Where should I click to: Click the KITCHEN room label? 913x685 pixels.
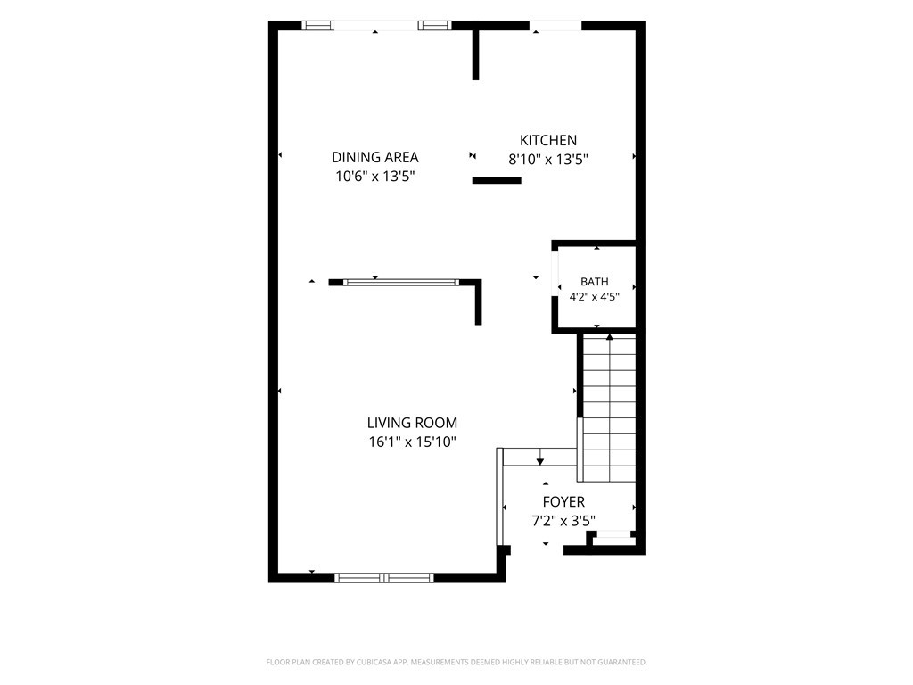click(548, 140)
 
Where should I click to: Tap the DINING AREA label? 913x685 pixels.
click(375, 157)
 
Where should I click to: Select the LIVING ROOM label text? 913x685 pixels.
click(412, 423)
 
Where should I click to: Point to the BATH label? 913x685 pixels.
click(595, 282)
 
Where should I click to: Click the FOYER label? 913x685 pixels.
click(563, 502)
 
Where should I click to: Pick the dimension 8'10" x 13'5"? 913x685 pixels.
click(548, 160)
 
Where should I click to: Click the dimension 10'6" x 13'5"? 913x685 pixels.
click(375, 176)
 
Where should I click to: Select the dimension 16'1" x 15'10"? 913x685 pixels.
click(412, 442)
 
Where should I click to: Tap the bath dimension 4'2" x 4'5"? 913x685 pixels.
click(595, 297)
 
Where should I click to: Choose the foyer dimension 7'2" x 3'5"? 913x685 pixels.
click(563, 521)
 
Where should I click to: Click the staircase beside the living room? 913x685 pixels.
click(609, 409)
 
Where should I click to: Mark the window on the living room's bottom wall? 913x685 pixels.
click(384, 578)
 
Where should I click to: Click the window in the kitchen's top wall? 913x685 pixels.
click(555, 26)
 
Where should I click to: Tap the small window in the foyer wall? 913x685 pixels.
click(613, 533)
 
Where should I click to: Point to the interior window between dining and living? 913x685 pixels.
click(401, 283)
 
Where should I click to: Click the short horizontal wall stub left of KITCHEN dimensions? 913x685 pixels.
click(497, 180)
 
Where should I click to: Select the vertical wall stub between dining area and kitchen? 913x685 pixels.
click(476, 54)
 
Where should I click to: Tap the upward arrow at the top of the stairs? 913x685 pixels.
click(610, 337)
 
